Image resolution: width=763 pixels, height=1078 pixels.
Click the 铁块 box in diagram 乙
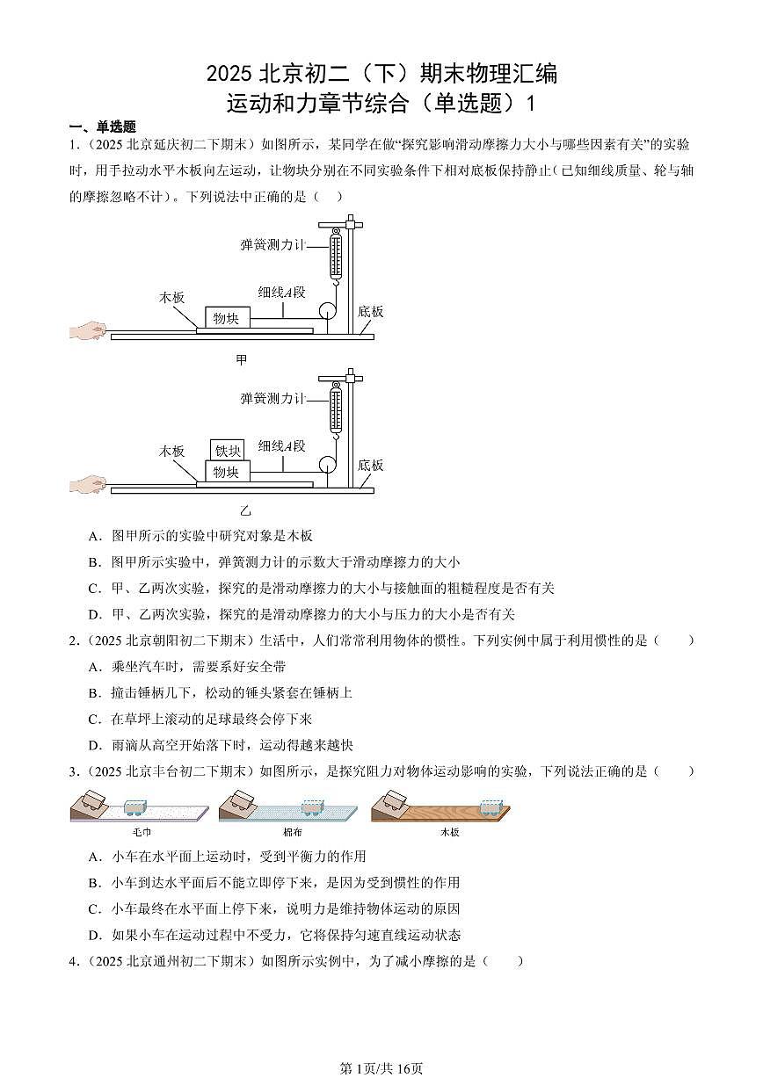click(x=228, y=451)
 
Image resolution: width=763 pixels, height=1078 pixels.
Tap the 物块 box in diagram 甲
click(x=227, y=318)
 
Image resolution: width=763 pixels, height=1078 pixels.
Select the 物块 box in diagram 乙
click(x=227, y=473)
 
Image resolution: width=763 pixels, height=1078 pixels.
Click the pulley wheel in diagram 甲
click(x=327, y=311)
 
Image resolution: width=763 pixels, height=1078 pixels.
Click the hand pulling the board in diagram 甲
click(x=87, y=330)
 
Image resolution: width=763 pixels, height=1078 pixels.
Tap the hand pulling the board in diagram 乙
click(x=87, y=484)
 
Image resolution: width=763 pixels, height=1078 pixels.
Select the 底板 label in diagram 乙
click(x=371, y=465)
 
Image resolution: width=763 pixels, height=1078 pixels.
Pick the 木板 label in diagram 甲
click(x=172, y=297)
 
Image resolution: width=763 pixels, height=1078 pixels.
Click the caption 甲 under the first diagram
click(x=242, y=359)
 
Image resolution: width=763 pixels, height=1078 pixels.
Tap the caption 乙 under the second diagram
click(x=245, y=510)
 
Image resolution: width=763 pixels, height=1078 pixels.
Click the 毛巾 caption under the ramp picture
click(x=142, y=831)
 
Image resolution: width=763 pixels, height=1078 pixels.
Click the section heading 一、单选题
click(x=104, y=127)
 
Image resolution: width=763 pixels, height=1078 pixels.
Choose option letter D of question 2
click(x=94, y=745)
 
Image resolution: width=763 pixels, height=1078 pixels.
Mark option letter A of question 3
click(x=94, y=856)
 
